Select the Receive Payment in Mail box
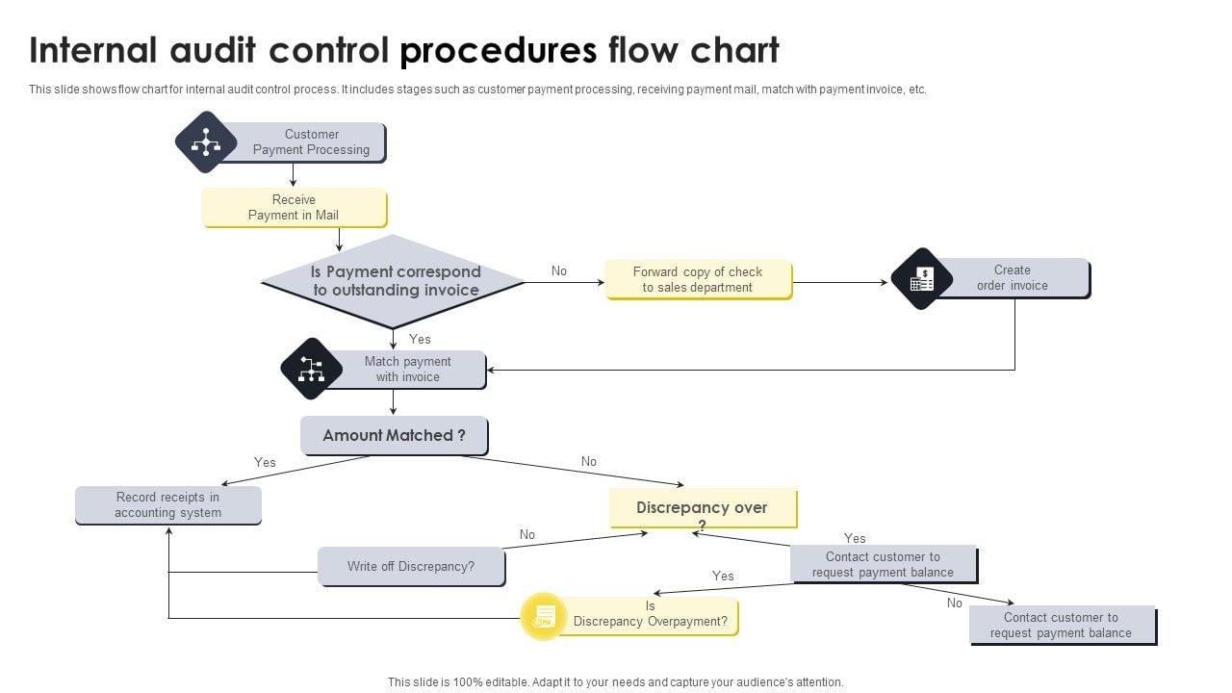coord(294,208)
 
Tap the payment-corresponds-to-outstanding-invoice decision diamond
coord(393,281)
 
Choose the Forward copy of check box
coord(698,279)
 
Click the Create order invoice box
coord(1012,278)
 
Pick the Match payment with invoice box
coord(407,370)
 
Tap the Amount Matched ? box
coord(394,435)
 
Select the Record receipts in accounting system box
coord(167,505)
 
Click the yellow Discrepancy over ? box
coord(703,508)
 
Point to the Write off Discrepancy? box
coord(411,567)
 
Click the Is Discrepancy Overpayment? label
coord(651,615)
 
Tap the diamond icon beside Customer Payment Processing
coord(206,142)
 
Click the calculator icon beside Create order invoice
coord(922,279)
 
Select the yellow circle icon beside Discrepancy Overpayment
coord(544,616)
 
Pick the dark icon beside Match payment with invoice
coord(311,369)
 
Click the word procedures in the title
coord(498,50)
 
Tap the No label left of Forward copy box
coord(559,271)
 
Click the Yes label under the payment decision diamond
coord(420,339)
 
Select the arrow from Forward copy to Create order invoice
coord(839,283)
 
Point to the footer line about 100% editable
coord(615,681)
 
